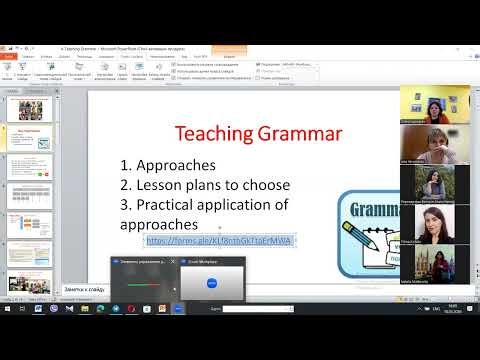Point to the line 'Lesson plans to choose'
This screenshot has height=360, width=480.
[214, 184]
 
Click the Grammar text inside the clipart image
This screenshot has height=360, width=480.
[378, 210]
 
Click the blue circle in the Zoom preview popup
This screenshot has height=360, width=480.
[211, 282]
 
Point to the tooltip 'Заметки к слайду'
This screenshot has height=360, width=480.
[84, 289]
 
